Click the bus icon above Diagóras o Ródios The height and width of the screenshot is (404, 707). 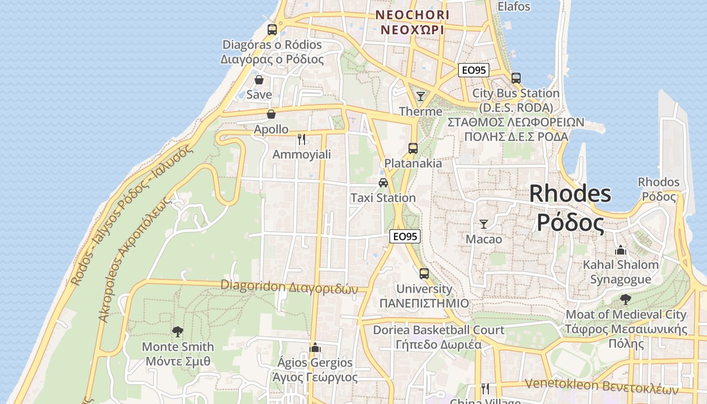pos(272,29)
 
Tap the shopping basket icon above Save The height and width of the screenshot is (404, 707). pos(259,80)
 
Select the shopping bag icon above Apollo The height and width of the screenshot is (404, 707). pos(271,114)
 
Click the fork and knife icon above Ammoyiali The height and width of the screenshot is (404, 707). pos(301,139)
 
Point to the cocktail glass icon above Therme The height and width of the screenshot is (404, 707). pos(420,96)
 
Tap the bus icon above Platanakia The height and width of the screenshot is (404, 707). pos(413,148)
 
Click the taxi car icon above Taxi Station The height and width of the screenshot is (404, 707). pos(383,183)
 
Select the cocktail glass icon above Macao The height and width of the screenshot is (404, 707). pos(484,224)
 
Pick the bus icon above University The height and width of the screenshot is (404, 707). pos(424,274)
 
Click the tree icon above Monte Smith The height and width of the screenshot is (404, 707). pos(178,332)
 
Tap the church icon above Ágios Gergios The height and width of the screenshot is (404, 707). pos(315,347)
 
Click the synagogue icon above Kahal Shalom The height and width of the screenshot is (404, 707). pos(621,249)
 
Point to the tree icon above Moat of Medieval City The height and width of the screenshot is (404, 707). pos(626,299)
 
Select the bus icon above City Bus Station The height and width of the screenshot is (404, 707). pos(516,78)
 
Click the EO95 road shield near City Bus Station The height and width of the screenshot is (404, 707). pos(474,70)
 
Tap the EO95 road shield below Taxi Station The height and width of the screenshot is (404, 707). pos(405,236)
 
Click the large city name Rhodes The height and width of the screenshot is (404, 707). pos(570,194)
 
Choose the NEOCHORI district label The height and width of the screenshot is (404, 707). pos(412,15)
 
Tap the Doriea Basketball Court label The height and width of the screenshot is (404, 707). pos(438,330)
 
